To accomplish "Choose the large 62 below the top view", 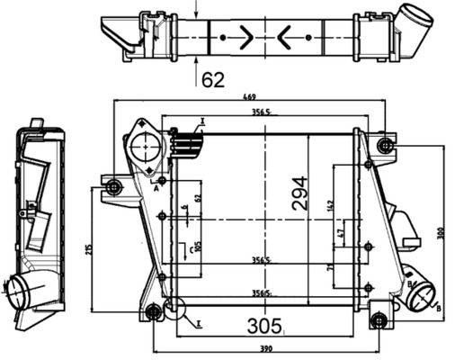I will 213,81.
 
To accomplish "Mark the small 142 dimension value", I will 332,205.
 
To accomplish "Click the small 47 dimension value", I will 340,235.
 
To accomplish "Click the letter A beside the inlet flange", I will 156,190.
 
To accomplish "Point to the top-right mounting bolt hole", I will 386,146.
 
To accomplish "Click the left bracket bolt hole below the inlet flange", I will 113,187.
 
